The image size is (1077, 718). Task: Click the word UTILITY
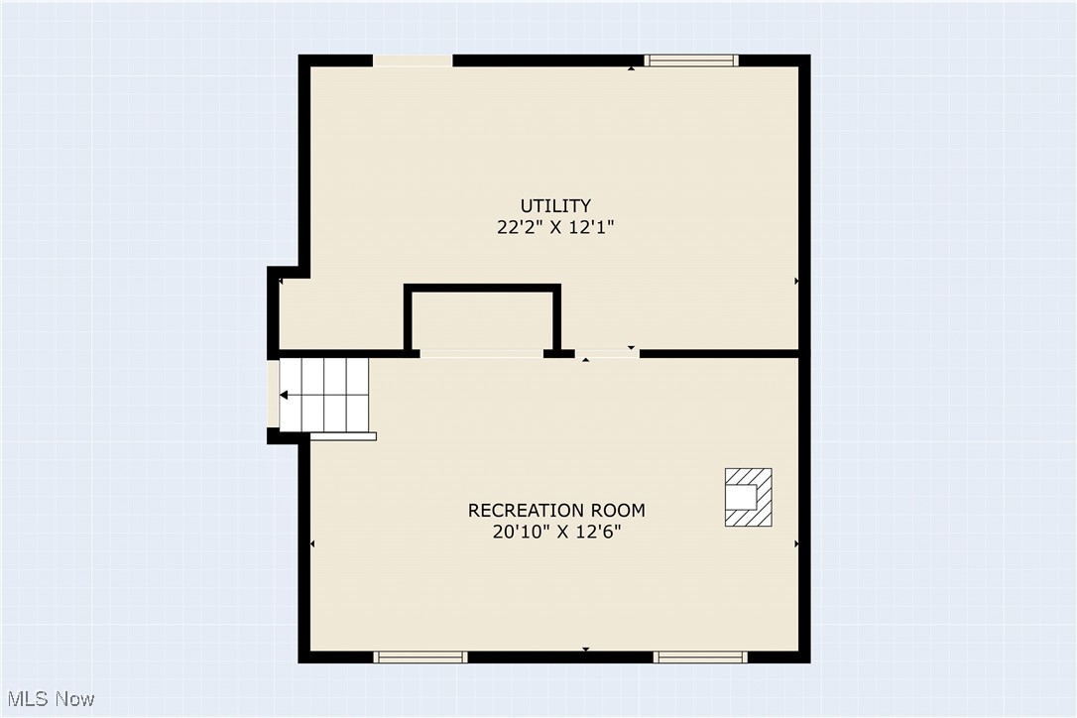(x=556, y=206)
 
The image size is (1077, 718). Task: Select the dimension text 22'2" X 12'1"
(x=556, y=227)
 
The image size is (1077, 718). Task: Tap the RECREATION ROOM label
(x=556, y=511)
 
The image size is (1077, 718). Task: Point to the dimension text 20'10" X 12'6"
(x=556, y=532)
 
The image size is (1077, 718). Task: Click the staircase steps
(x=324, y=394)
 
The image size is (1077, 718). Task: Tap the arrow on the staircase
(x=285, y=395)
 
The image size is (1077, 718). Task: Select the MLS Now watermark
(x=49, y=699)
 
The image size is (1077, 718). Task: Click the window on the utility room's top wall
(x=691, y=60)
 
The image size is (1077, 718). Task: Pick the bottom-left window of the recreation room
(x=419, y=657)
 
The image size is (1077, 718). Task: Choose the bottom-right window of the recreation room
(x=700, y=657)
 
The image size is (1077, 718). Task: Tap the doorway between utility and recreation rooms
(x=607, y=353)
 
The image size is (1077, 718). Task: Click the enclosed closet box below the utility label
(x=483, y=318)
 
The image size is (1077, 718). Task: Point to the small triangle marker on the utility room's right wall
(x=796, y=282)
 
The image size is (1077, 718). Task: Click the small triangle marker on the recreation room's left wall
(x=313, y=543)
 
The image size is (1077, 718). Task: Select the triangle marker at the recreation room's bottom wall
(x=585, y=650)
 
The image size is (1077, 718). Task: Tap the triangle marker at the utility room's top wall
(x=632, y=68)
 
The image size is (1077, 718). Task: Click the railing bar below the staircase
(x=344, y=435)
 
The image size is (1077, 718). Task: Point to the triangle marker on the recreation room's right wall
(x=796, y=543)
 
